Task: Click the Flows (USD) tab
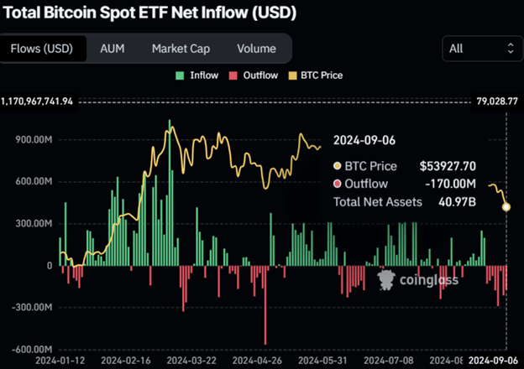click(x=42, y=49)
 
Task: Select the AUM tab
click(x=112, y=49)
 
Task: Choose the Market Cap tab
click(x=181, y=49)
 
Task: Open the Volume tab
click(x=256, y=49)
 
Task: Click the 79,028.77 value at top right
click(x=496, y=101)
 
